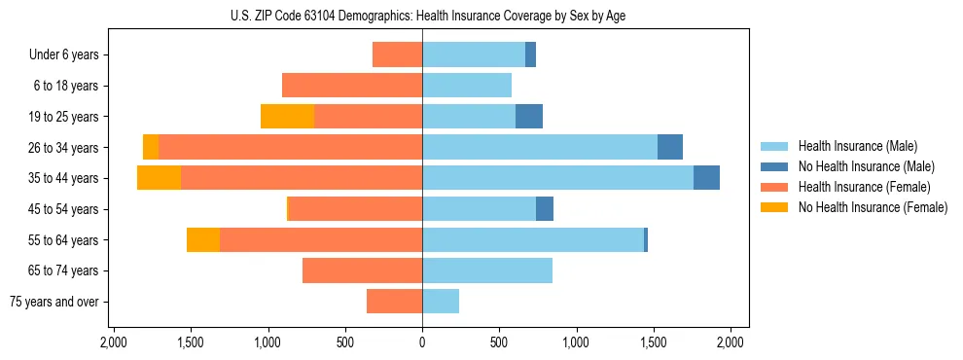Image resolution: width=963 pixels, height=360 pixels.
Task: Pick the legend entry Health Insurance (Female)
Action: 864,187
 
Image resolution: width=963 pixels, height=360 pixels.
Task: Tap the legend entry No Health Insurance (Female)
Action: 873,207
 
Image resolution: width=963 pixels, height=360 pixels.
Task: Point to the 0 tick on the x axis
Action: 422,342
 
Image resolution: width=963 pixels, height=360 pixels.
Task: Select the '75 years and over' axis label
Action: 53,302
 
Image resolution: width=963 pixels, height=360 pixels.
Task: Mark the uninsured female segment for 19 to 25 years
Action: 287,117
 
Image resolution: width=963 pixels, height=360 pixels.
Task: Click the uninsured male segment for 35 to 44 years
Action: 706,178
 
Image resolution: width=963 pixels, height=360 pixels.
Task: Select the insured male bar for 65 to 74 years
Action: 487,270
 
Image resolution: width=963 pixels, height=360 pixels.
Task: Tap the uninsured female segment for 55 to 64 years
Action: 203,239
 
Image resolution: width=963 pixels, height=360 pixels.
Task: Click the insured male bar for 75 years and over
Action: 441,302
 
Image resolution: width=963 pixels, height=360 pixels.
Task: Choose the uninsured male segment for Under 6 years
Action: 530,55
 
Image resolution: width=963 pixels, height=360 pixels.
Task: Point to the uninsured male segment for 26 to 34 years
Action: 670,147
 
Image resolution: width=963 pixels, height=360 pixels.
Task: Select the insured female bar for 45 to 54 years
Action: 355,209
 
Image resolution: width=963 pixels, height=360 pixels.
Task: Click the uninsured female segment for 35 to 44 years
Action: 159,178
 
